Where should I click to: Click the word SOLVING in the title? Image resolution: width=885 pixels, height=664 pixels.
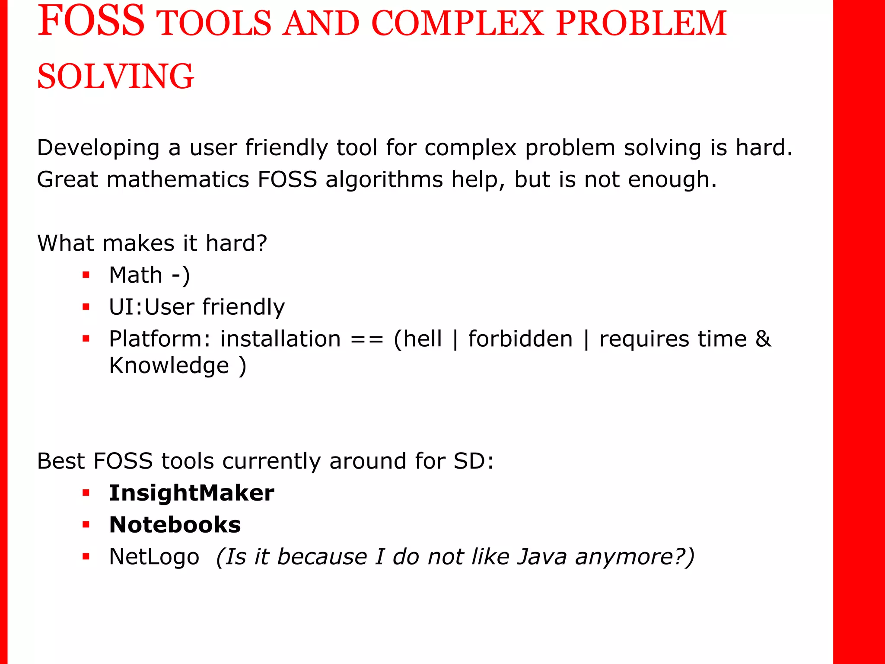[115, 77]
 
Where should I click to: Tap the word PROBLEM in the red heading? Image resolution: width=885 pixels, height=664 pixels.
[641, 23]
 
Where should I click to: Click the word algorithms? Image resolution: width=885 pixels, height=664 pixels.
[384, 180]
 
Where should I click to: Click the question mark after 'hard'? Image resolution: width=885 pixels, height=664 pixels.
[262, 243]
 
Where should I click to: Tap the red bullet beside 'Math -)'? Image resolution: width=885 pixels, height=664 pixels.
[86, 275]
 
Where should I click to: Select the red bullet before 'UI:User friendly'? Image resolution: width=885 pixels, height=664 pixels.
[86, 307]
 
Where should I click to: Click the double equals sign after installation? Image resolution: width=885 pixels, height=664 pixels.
[367, 339]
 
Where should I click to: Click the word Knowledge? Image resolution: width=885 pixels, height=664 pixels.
[169, 367]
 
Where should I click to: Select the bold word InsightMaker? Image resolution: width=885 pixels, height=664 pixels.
[191, 493]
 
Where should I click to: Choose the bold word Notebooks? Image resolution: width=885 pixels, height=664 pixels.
[175, 525]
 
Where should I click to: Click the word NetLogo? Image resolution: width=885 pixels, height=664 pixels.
[154, 557]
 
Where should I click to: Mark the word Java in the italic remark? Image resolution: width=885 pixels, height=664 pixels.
[542, 557]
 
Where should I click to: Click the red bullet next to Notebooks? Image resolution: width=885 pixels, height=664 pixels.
[86, 525]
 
